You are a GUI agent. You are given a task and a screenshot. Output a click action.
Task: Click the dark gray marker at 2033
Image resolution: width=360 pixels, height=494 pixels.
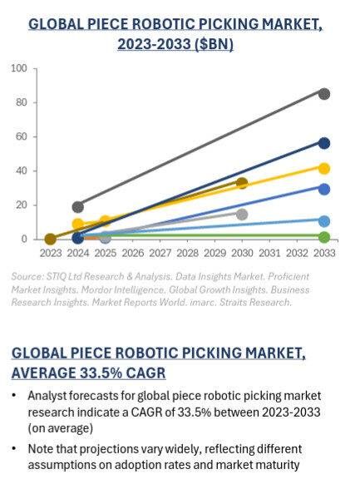tap(324, 94)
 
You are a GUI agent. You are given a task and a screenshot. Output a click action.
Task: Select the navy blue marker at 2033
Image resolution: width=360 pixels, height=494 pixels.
tap(324, 143)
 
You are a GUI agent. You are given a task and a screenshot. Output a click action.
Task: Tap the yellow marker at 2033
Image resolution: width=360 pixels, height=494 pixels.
tap(324, 168)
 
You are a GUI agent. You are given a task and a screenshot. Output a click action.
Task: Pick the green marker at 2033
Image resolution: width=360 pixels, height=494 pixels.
tap(324, 238)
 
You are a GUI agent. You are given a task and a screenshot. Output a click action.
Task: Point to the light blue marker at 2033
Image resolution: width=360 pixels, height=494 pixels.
tap(324, 221)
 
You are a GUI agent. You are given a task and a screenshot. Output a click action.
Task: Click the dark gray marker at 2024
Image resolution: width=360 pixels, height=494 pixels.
tap(78, 206)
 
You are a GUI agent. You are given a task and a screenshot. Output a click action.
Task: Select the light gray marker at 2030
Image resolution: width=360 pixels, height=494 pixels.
tap(242, 214)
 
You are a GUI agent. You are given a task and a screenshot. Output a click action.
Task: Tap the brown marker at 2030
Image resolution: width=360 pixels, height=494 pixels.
tap(242, 183)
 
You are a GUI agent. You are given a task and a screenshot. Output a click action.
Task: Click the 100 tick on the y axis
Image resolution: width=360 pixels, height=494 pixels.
tap(19, 68)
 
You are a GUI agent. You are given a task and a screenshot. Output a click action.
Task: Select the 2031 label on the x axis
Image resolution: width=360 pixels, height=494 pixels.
tap(269, 252)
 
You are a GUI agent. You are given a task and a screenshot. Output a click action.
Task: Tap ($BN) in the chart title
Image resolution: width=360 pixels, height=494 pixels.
tap(210, 43)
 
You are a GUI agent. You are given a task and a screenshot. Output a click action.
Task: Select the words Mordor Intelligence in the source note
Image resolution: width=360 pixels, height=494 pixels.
tap(121, 289)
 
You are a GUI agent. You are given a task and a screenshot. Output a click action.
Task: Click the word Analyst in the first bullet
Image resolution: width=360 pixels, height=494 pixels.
tap(47, 395)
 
